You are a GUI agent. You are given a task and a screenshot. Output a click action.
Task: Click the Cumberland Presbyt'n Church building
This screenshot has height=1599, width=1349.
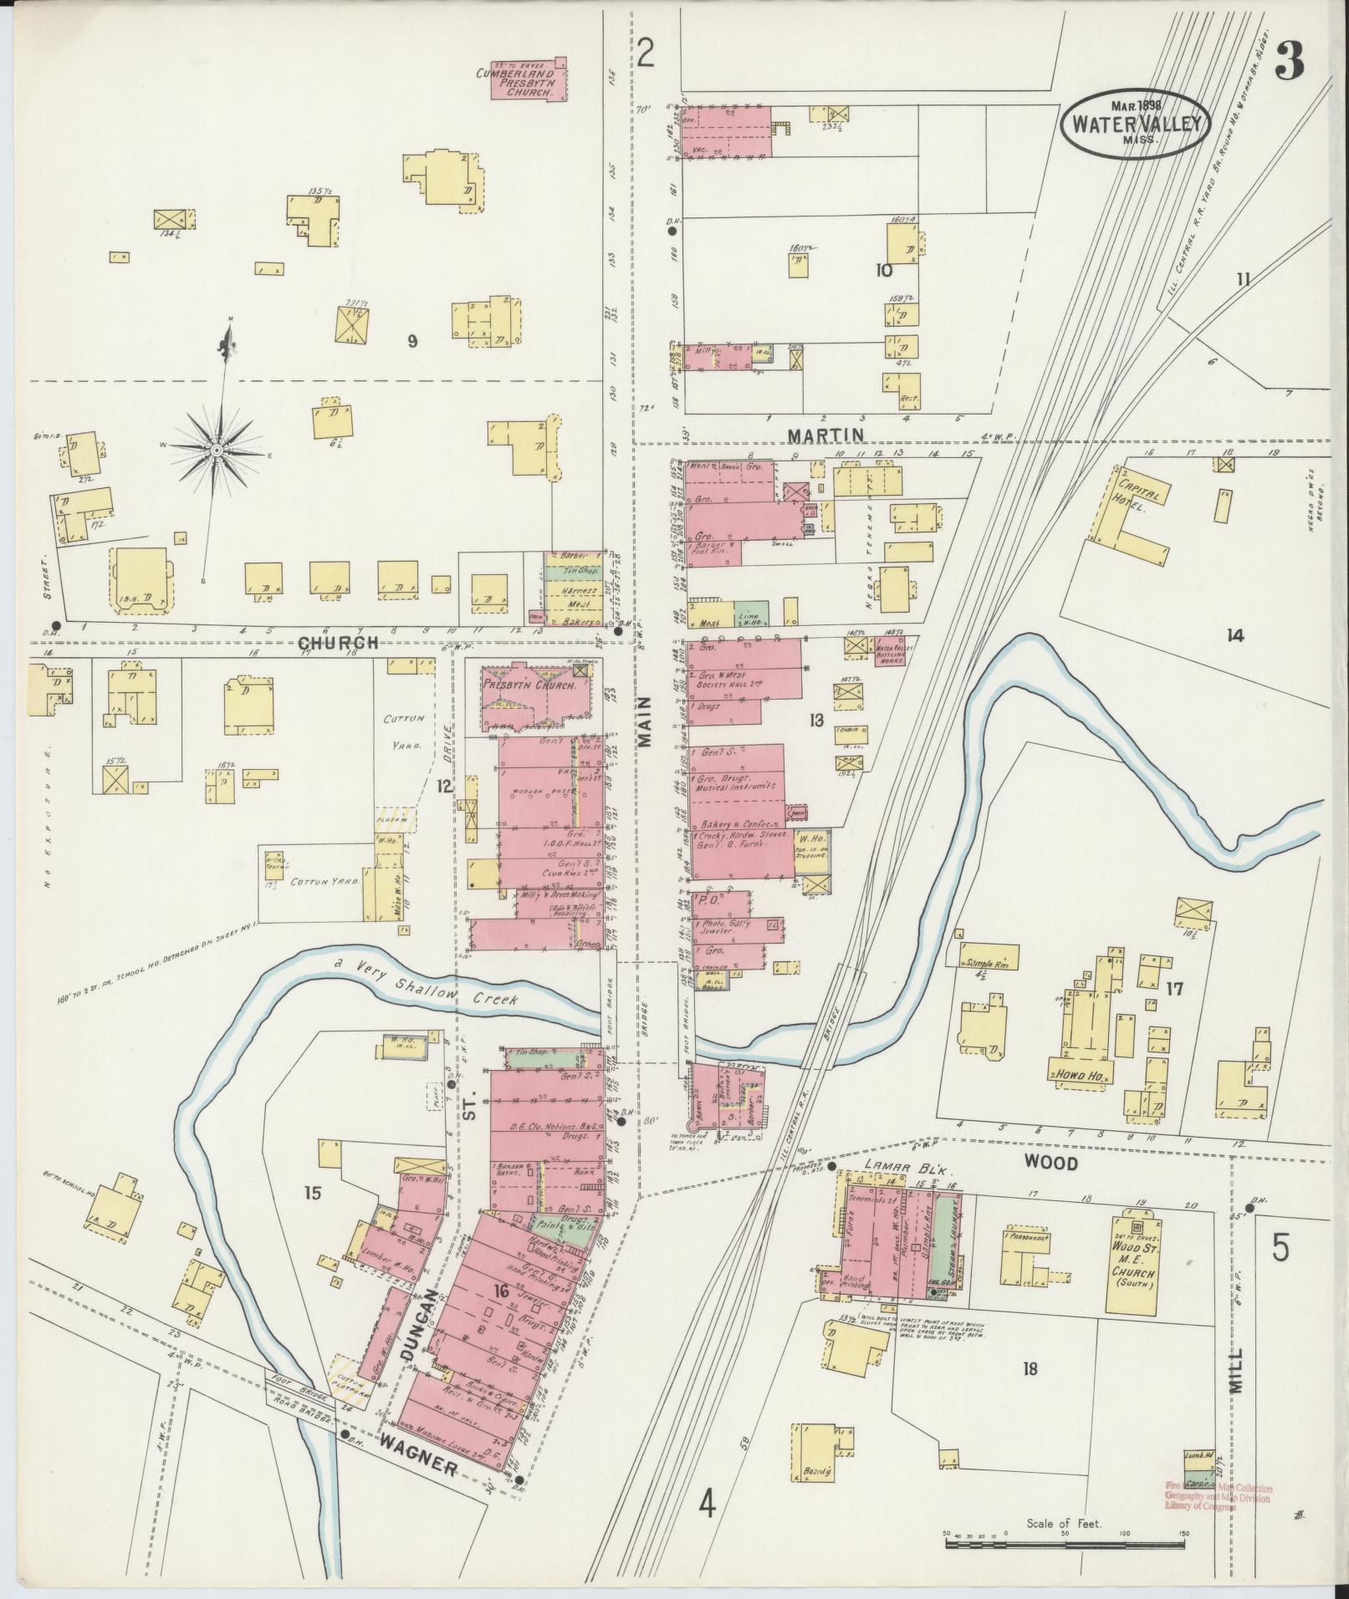pos(525,82)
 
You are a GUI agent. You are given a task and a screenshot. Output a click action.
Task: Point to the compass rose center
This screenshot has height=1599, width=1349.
pos(217,451)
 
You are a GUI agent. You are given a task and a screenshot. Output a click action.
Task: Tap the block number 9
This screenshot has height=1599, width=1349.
pos(411,341)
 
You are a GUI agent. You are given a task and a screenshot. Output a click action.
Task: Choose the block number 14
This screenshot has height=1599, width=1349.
pos(1234,635)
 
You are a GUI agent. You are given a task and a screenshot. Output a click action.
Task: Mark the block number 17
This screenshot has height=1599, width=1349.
pos(1174,989)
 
